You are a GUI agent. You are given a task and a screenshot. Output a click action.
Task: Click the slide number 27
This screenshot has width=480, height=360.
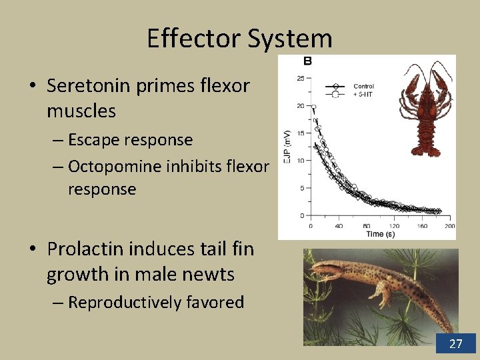456,343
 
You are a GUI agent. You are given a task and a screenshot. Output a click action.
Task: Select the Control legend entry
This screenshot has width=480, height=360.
363,86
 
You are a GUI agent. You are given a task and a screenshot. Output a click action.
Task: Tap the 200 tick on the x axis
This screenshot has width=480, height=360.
449,226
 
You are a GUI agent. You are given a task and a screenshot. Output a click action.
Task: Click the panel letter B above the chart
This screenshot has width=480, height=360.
308,61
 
